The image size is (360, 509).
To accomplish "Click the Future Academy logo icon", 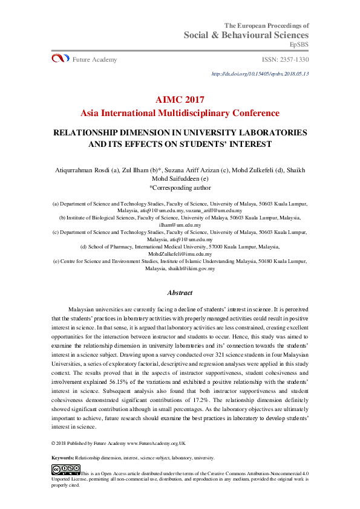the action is pyautogui.click(x=60, y=59).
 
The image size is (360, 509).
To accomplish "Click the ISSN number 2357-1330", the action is pyautogui.click(x=285, y=59).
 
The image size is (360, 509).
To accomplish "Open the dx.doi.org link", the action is pyautogui.click(x=260, y=74).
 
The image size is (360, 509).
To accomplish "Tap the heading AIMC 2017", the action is pyautogui.click(x=180, y=100).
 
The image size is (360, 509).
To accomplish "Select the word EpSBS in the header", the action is pyautogui.click(x=299, y=45).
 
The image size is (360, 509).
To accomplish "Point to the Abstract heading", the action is pyautogui.click(x=180, y=293).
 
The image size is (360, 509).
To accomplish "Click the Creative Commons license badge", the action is pyautogui.click(x=65, y=469).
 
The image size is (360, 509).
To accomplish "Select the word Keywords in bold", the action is pyautogui.click(x=63, y=458).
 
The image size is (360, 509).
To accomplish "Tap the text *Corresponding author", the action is pyautogui.click(x=180, y=187).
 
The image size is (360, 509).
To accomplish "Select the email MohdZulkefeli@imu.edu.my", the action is pyautogui.click(x=180, y=254).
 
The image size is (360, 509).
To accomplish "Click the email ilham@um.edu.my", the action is pyautogui.click(x=180, y=224).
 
